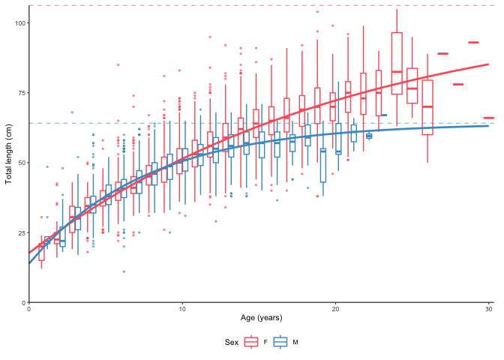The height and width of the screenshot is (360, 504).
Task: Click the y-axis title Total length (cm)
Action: point(9,152)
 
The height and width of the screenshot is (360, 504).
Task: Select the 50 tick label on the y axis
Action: point(20,163)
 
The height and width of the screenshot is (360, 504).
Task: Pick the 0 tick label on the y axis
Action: point(22,302)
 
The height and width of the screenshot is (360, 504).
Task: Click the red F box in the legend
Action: point(252,342)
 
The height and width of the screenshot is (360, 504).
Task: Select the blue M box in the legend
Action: point(281,342)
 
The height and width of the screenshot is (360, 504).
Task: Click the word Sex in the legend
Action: point(232,342)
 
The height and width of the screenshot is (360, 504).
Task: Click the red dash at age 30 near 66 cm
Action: point(489,118)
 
